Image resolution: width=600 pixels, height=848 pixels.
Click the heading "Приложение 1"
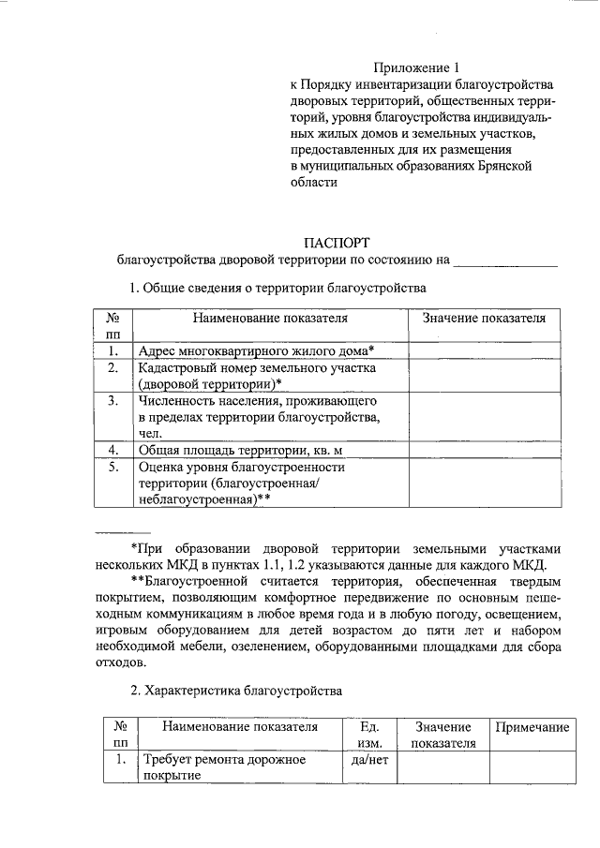(x=418, y=67)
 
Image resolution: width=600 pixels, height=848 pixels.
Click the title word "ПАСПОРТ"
(x=337, y=241)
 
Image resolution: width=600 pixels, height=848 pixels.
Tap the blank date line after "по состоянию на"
(x=506, y=260)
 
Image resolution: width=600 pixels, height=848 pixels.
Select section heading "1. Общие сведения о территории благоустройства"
(x=277, y=288)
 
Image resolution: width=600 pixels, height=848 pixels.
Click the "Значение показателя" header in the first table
(x=483, y=319)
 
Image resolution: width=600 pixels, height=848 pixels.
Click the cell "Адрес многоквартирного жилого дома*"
(x=256, y=350)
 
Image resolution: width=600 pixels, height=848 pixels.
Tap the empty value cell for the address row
(x=483, y=350)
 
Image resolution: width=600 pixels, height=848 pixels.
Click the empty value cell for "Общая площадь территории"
(x=483, y=449)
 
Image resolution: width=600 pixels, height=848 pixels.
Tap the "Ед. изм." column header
(x=367, y=735)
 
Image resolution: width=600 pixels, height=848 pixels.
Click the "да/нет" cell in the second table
(x=367, y=760)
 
